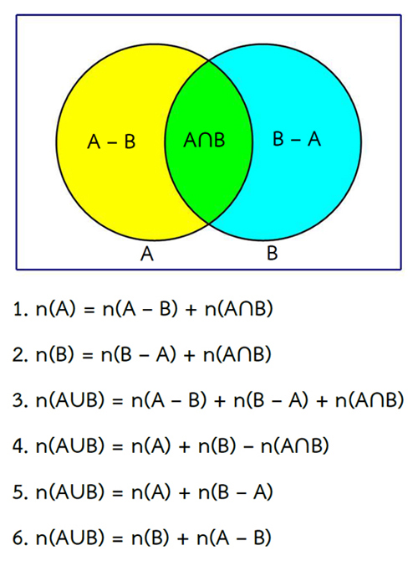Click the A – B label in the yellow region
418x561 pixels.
point(111,142)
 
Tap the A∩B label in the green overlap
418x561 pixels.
point(204,140)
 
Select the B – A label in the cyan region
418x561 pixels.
point(297,139)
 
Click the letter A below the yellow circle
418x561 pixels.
point(147,254)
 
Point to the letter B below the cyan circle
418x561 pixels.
point(272,253)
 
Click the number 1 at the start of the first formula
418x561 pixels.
point(18,309)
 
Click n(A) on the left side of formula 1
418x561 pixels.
point(56,309)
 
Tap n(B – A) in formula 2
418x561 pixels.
point(139,354)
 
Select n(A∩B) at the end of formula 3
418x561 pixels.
point(370,400)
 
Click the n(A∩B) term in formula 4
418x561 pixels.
point(295,445)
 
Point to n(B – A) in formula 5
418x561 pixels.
point(236,492)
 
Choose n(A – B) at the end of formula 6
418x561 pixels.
point(234,538)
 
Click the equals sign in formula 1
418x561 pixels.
point(89,310)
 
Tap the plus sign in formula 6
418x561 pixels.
point(182,538)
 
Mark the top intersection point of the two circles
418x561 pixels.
point(209,61)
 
